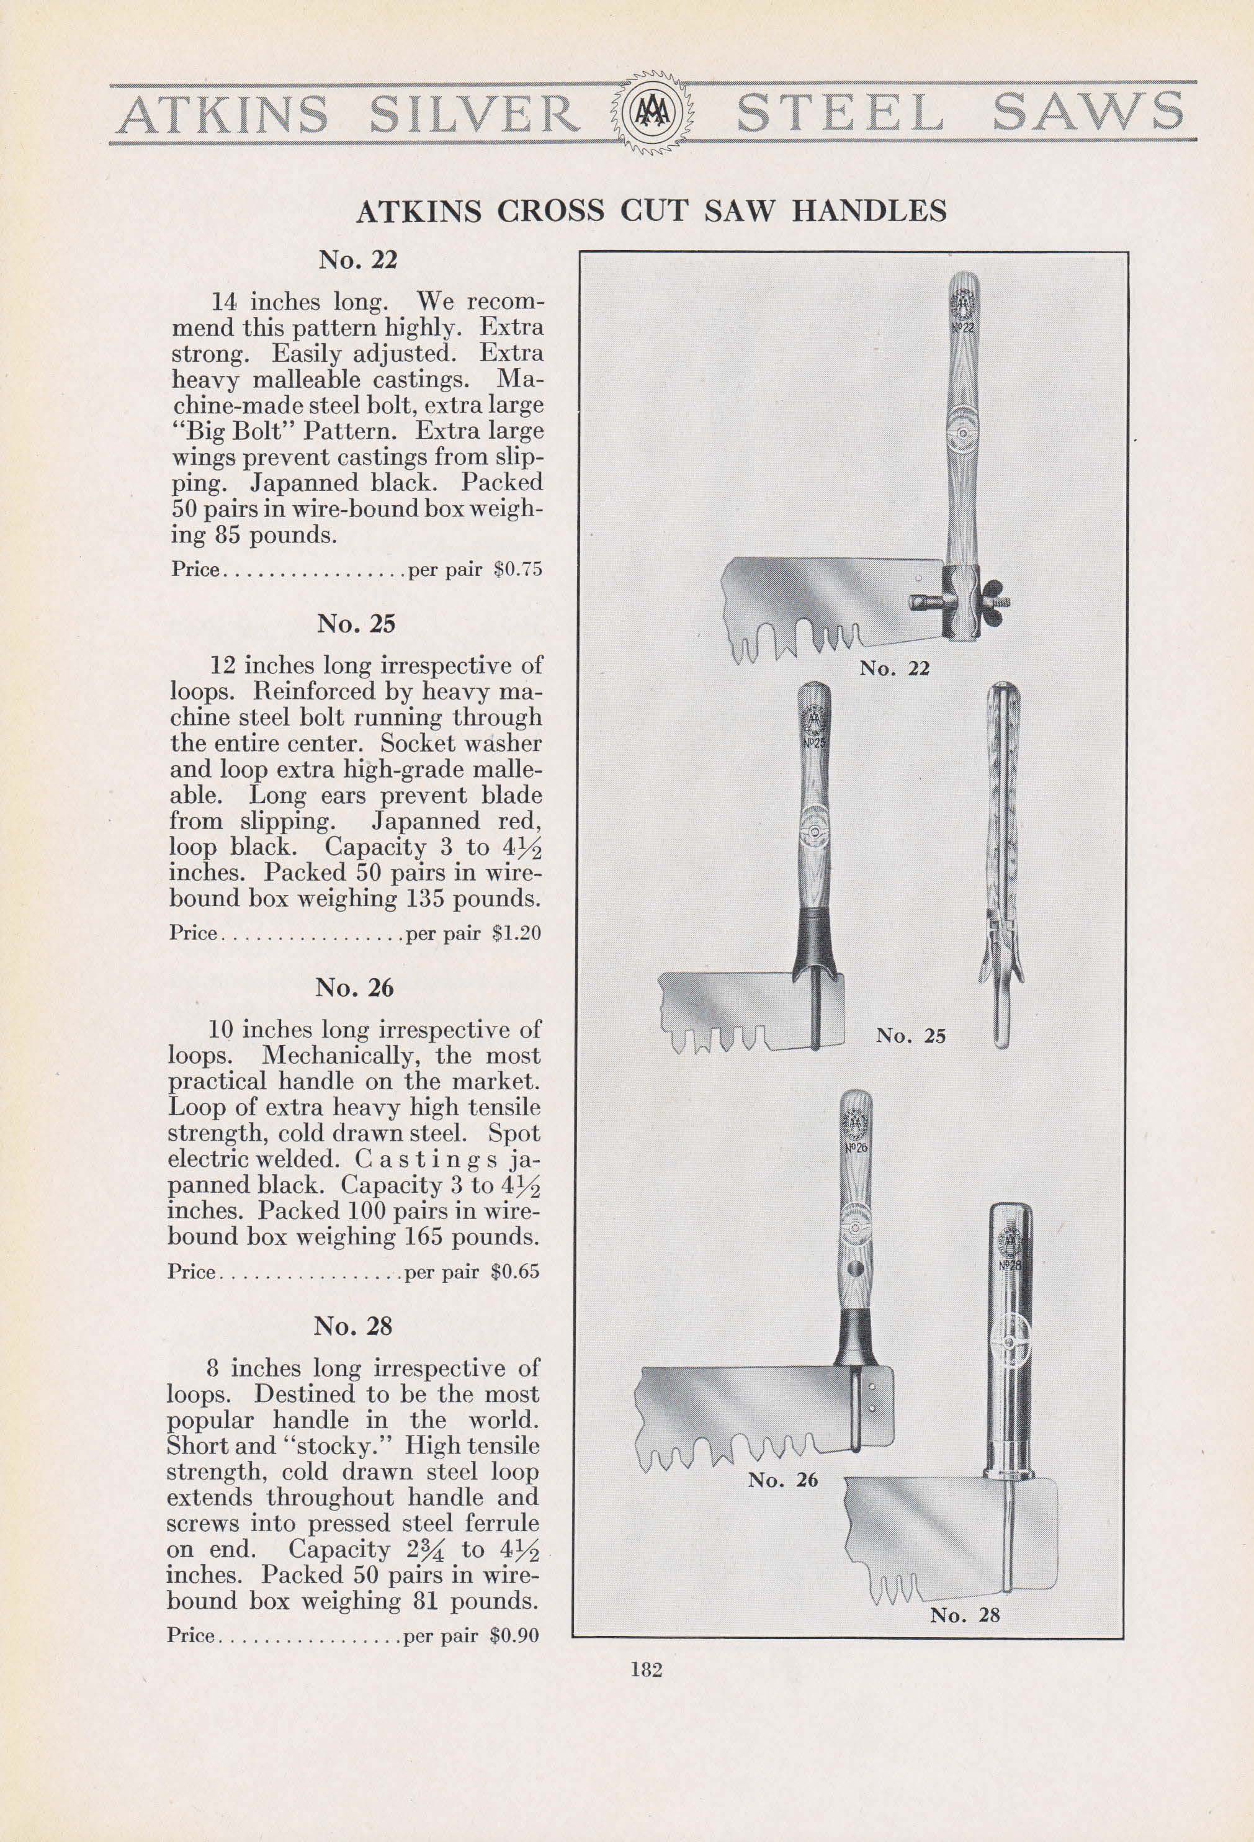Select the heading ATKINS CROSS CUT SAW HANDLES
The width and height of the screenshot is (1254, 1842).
pos(652,211)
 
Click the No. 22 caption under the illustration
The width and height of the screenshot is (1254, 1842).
pos(895,668)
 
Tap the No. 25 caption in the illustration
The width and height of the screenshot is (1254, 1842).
pos(911,1036)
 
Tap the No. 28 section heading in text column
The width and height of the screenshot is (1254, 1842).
pos(354,1326)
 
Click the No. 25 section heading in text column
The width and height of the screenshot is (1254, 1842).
pos(356,624)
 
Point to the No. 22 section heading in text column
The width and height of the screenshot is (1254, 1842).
pos(357,260)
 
